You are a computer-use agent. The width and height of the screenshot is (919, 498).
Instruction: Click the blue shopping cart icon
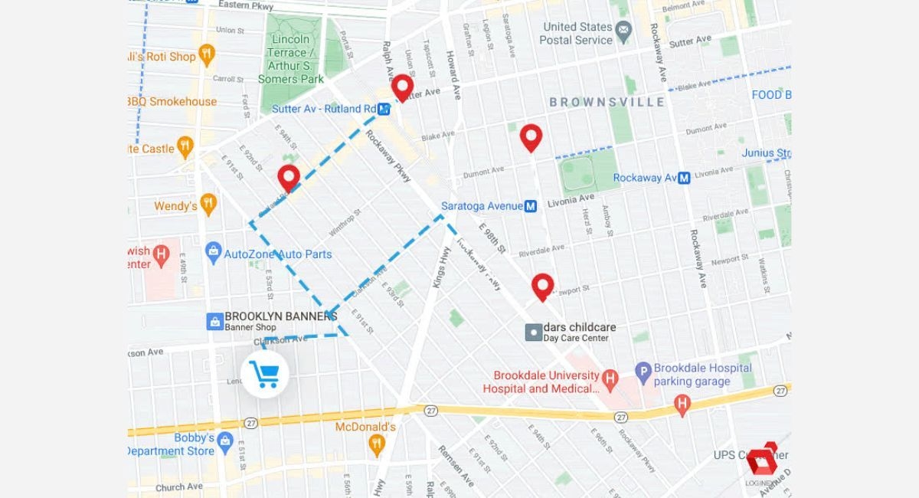pyautogui.click(x=265, y=375)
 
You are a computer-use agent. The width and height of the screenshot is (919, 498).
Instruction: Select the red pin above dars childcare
pyautogui.click(x=543, y=287)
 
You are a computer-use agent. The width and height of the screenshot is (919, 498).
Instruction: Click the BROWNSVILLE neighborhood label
pyautogui.click(x=607, y=102)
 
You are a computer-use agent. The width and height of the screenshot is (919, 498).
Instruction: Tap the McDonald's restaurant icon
pyautogui.click(x=376, y=443)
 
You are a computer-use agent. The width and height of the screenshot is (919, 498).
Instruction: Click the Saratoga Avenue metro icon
pyautogui.click(x=531, y=206)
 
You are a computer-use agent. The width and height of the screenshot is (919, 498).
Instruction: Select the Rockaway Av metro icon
pyautogui.click(x=684, y=178)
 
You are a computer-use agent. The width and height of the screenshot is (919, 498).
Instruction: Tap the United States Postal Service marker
pyautogui.click(x=623, y=33)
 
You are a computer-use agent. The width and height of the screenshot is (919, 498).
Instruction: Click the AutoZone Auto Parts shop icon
pyautogui.click(x=214, y=252)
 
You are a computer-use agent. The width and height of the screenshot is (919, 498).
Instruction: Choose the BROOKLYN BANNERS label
pyautogui.click(x=280, y=316)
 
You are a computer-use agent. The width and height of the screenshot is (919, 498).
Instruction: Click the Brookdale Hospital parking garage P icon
pyautogui.click(x=643, y=371)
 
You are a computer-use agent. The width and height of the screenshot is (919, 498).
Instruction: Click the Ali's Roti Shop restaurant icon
pyautogui.click(x=206, y=54)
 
